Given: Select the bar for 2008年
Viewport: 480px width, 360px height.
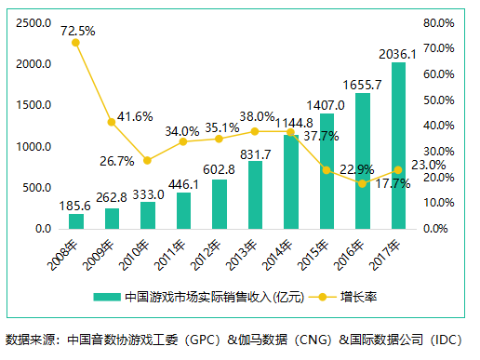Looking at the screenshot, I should (x=75, y=221).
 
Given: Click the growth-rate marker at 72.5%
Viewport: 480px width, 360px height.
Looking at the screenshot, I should (x=75, y=43).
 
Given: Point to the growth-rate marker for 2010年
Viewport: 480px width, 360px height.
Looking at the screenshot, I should (x=147, y=160).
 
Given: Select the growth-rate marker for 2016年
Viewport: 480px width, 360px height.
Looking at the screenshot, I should (x=363, y=183).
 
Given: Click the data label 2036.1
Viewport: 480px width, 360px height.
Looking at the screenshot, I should (x=398, y=54).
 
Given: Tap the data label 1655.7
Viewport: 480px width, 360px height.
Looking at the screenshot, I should (x=362, y=85).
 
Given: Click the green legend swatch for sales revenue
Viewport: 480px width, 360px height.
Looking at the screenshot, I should (x=110, y=298).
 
